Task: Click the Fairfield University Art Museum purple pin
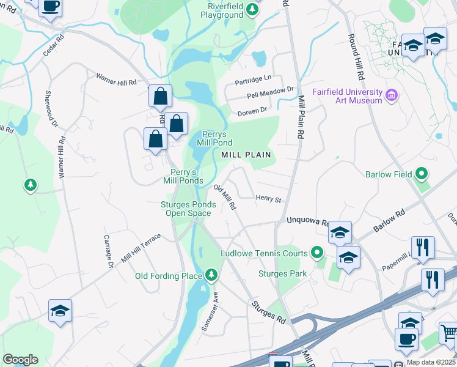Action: [392, 96]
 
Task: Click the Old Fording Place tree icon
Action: [211, 275]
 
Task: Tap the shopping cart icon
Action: [449, 333]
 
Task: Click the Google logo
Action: [20, 360]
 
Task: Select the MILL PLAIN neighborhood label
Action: [246, 155]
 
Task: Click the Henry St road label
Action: [268, 199]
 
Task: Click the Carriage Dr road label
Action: [108, 251]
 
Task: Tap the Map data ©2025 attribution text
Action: [431, 362]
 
